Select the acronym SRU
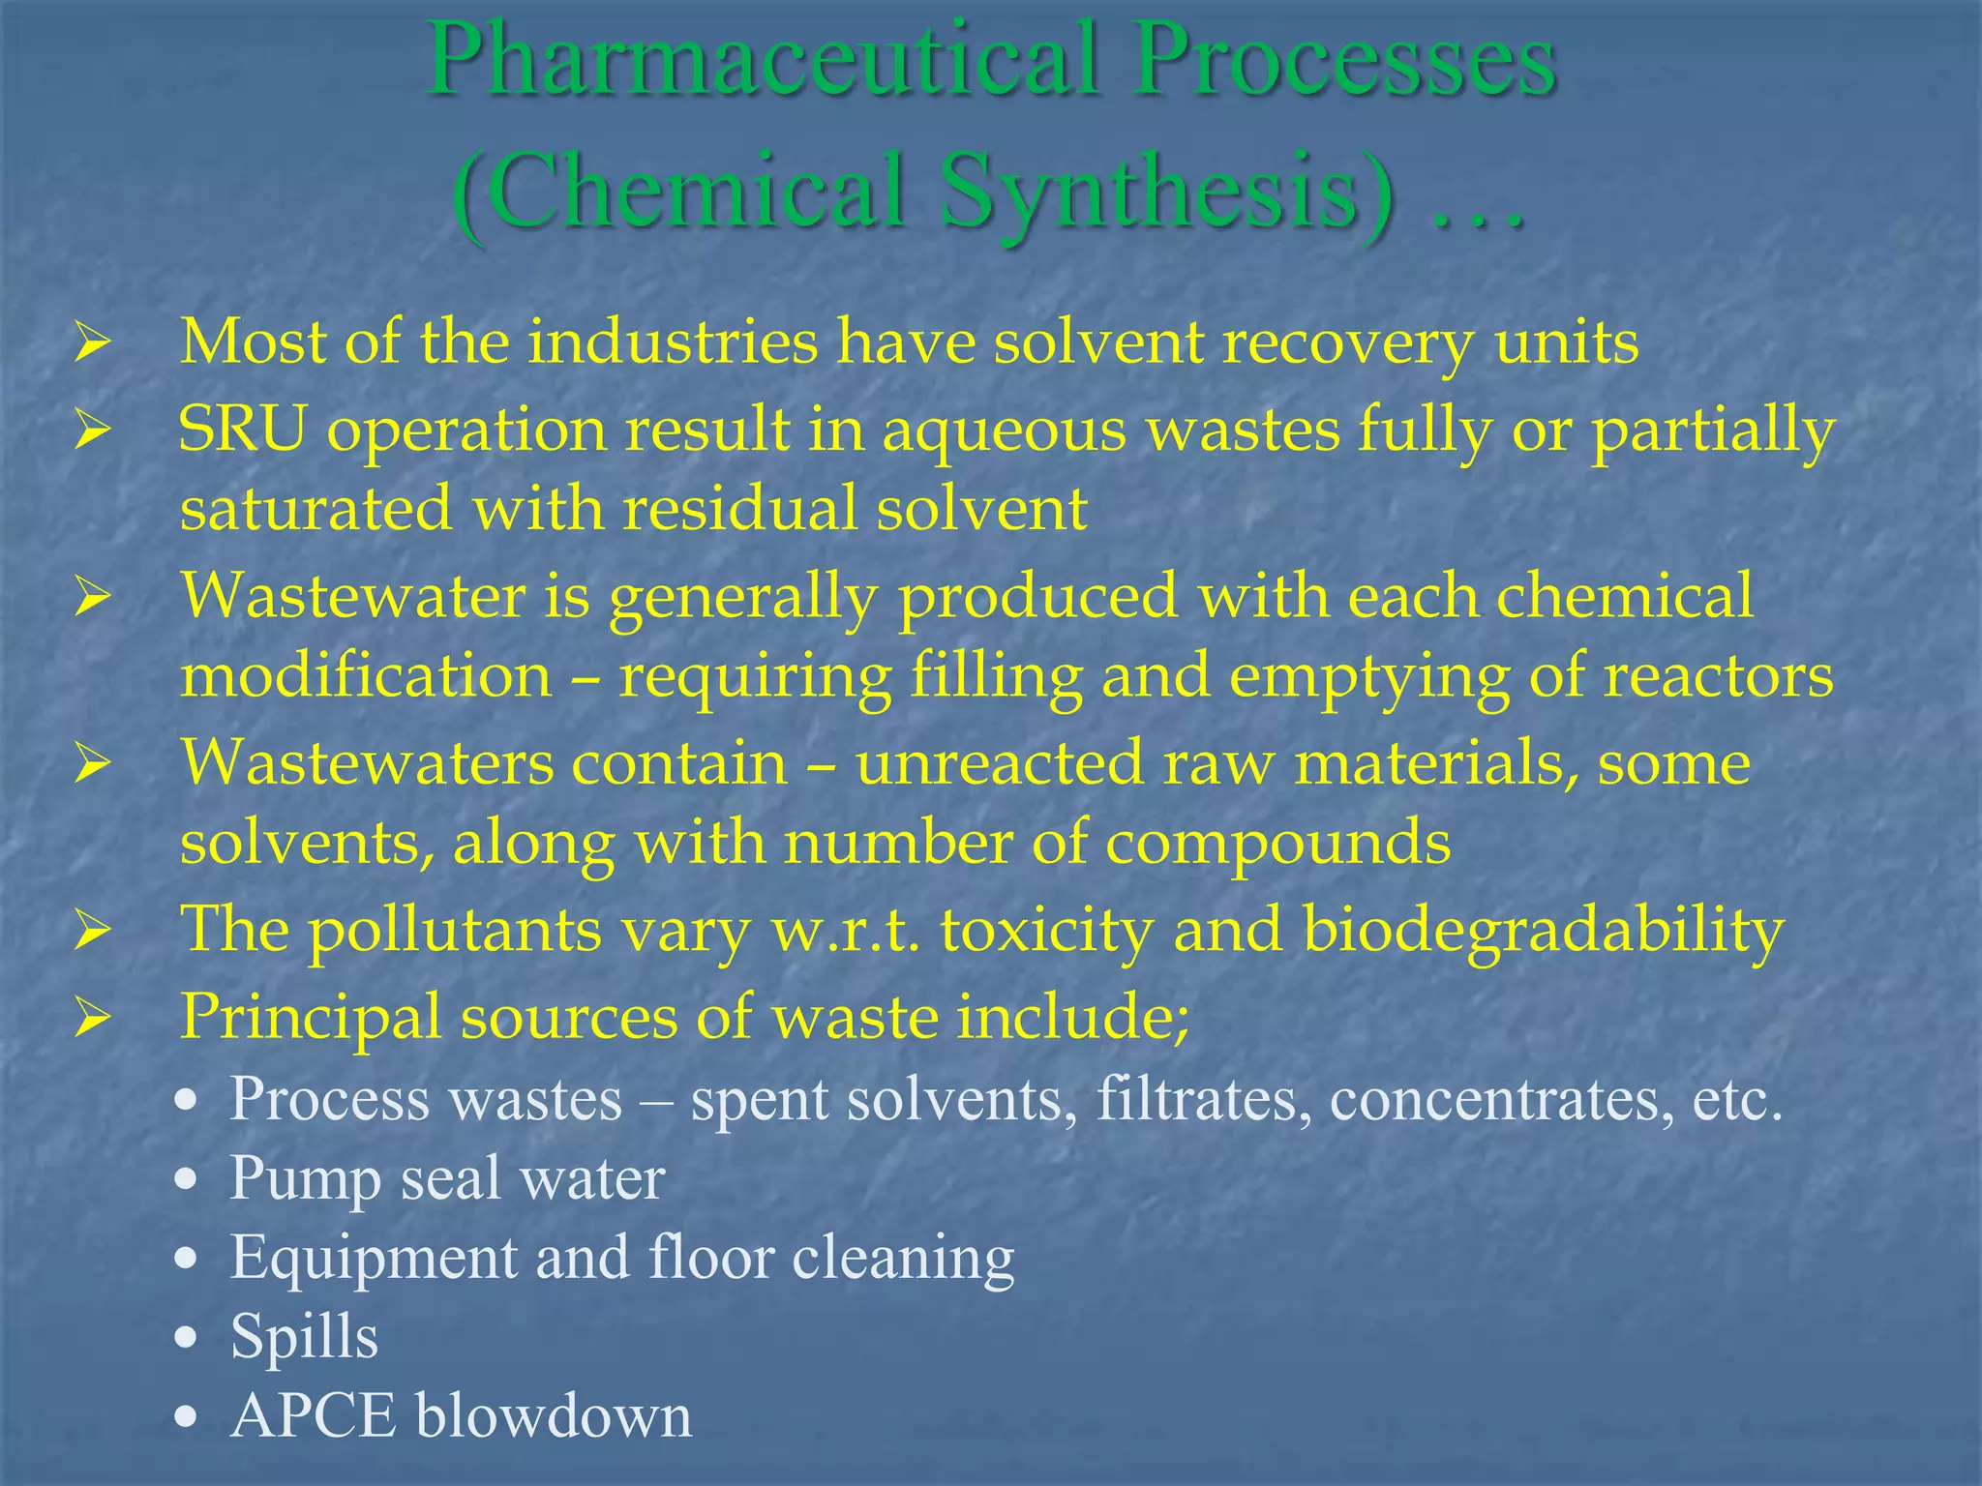[x=242, y=431]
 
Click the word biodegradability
[x=1543, y=931]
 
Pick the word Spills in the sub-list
[x=304, y=1337]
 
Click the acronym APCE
[x=314, y=1416]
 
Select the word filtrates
[x=1204, y=1100]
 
